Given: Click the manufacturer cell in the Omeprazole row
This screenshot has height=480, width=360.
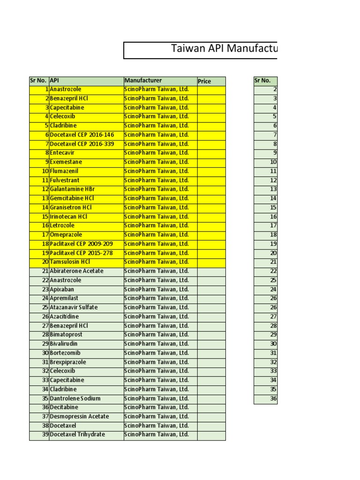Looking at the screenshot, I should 160,234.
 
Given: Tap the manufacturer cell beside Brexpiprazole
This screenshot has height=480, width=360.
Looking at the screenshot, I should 160,362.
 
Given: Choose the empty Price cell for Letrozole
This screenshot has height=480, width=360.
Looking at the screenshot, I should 211,225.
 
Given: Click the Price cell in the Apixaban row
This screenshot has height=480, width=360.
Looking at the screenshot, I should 211,289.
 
